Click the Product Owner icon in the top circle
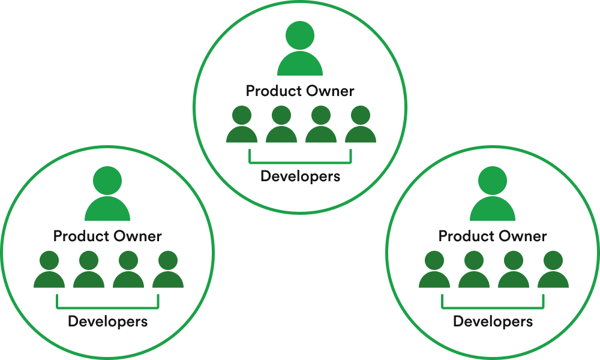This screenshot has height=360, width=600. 300,51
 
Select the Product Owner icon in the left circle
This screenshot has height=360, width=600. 107,197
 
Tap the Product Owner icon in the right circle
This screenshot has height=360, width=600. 493,197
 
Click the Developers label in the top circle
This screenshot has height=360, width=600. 300,176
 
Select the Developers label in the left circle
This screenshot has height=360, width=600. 107,322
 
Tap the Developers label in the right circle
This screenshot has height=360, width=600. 493,322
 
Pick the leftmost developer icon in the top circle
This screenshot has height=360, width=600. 242,125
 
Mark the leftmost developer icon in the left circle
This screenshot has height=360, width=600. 49,271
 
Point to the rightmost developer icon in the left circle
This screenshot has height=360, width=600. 168,271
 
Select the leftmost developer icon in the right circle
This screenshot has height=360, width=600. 434,271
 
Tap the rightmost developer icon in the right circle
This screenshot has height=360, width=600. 553,271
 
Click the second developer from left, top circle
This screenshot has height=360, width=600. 281,125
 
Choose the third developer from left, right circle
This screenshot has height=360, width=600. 514,271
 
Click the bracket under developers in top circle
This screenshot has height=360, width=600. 300,161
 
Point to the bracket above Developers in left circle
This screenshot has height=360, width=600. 107,307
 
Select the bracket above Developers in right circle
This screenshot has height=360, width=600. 493,307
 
